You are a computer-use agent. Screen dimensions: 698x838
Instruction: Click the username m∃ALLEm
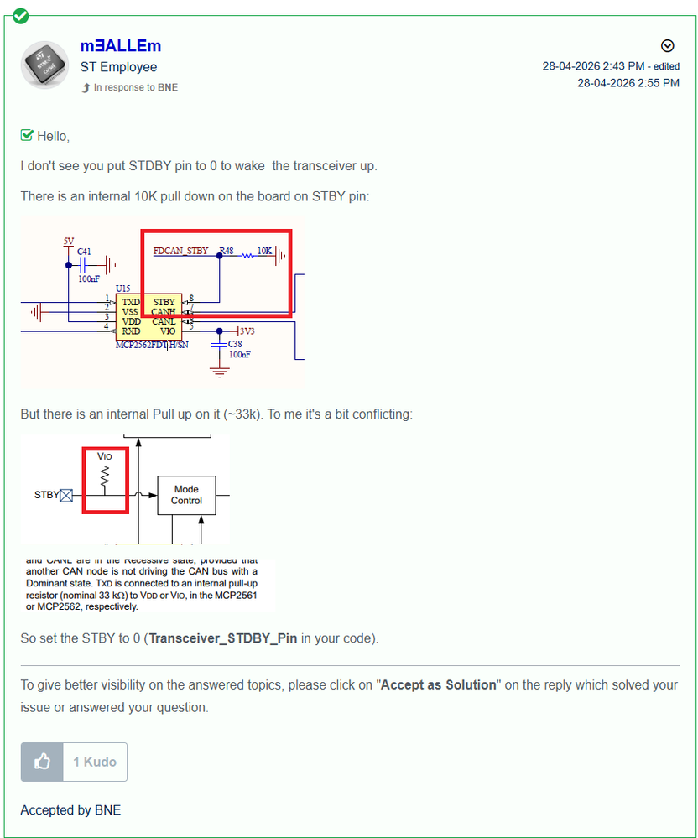(120, 46)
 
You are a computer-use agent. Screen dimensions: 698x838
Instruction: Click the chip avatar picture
(45, 65)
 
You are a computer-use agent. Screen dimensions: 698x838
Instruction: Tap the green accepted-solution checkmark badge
(20, 16)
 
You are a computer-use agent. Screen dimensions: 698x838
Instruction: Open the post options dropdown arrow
(668, 46)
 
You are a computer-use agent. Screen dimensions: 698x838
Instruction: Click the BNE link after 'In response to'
(168, 87)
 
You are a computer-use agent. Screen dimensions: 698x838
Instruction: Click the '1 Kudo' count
(95, 762)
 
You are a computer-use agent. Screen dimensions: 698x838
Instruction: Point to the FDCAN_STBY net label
(180, 251)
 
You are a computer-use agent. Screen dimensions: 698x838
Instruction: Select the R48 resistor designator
(227, 251)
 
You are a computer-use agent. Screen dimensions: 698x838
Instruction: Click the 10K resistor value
(264, 251)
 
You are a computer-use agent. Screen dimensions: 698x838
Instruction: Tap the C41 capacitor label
(84, 251)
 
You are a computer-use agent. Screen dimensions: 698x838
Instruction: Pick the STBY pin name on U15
(164, 302)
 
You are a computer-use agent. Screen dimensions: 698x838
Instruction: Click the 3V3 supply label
(247, 331)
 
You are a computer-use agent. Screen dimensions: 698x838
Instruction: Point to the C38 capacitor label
(235, 344)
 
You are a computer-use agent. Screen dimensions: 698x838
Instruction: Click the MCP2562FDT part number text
(153, 346)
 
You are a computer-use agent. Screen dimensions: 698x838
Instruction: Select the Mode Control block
(186, 495)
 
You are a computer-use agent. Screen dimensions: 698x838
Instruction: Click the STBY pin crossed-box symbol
(66, 496)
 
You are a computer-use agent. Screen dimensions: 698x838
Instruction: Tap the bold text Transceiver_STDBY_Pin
(223, 638)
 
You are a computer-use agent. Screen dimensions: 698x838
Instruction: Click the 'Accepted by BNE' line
(70, 810)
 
